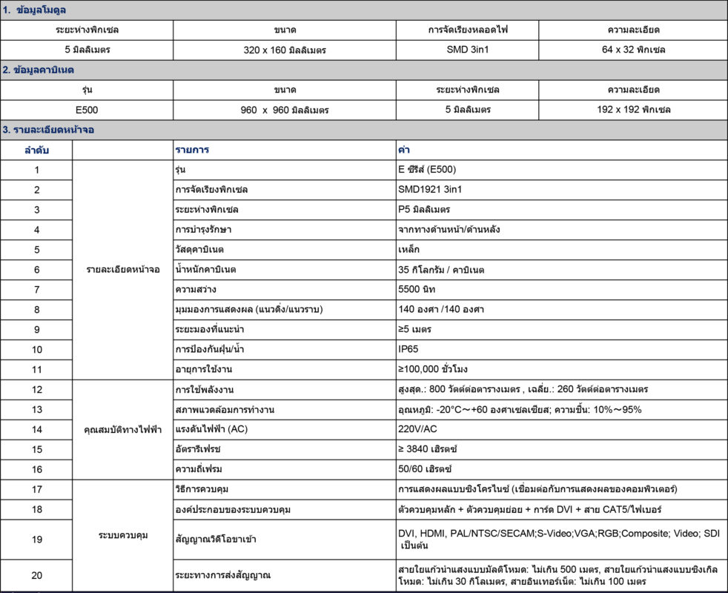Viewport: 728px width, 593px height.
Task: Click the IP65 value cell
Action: tap(409, 348)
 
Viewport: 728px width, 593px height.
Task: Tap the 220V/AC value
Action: tap(417, 429)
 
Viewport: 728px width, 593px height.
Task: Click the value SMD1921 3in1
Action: tap(430, 190)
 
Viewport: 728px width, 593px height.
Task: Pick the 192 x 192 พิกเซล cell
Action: tap(633, 110)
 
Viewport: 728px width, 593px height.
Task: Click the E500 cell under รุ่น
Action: tap(87, 110)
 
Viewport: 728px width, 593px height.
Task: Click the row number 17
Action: tap(37, 489)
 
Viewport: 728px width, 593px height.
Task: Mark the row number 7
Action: tap(37, 289)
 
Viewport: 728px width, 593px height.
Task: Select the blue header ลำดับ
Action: tap(37, 150)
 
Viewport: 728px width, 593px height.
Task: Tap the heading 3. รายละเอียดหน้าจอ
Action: tap(47, 130)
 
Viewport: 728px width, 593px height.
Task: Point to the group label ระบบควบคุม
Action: tap(122, 535)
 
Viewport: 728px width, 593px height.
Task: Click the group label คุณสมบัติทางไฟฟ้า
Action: tap(122, 429)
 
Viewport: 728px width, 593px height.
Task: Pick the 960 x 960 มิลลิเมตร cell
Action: tap(285, 110)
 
